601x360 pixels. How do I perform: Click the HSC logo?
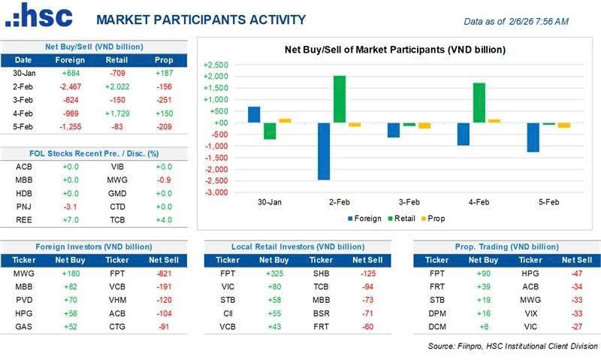point(38,17)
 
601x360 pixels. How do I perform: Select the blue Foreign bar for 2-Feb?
point(324,151)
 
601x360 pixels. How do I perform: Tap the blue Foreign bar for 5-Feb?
point(533,137)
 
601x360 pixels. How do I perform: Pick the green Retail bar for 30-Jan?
point(270,131)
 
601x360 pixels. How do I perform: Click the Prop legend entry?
point(433,219)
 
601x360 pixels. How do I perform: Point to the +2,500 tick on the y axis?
point(215,65)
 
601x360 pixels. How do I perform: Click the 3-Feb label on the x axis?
point(409,202)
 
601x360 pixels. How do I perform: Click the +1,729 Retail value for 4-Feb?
point(116,113)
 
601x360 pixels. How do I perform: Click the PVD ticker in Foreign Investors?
point(23,300)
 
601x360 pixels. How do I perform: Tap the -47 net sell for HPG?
point(576,273)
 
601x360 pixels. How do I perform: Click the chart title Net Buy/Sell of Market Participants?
point(394,50)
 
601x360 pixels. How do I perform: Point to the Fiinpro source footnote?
point(512,346)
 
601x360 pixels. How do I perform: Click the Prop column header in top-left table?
point(163,60)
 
